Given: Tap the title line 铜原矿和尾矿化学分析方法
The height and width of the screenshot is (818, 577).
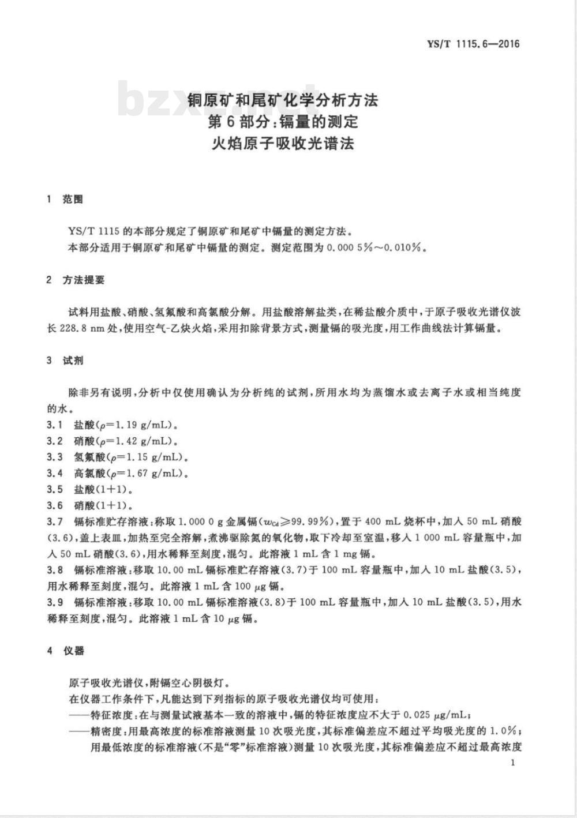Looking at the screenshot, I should pyautogui.click(x=283, y=100).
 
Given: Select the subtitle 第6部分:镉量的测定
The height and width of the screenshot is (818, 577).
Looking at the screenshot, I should pyautogui.click(x=283, y=122).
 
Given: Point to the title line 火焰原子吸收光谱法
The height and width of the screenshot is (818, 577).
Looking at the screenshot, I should pyautogui.click(x=283, y=143).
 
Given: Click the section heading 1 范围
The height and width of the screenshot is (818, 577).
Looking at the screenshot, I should pyautogui.click(x=65, y=200).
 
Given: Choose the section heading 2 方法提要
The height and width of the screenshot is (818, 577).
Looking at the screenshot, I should pyautogui.click(x=76, y=280).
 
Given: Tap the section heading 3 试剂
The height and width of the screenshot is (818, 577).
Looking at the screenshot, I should pyautogui.click(x=65, y=361).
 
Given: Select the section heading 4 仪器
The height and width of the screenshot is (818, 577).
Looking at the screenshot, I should pyautogui.click(x=65, y=651).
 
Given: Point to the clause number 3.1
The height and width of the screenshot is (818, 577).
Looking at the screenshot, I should pyautogui.click(x=55, y=425).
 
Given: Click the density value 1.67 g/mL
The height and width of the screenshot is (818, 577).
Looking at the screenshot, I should pyautogui.click(x=150, y=474).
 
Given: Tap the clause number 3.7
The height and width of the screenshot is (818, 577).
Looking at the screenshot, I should pyautogui.click(x=55, y=521).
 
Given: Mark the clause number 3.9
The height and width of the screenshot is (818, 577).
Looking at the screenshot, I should pyautogui.click(x=55, y=602).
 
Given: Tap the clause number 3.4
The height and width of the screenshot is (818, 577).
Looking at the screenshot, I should pyautogui.click(x=55, y=474).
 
